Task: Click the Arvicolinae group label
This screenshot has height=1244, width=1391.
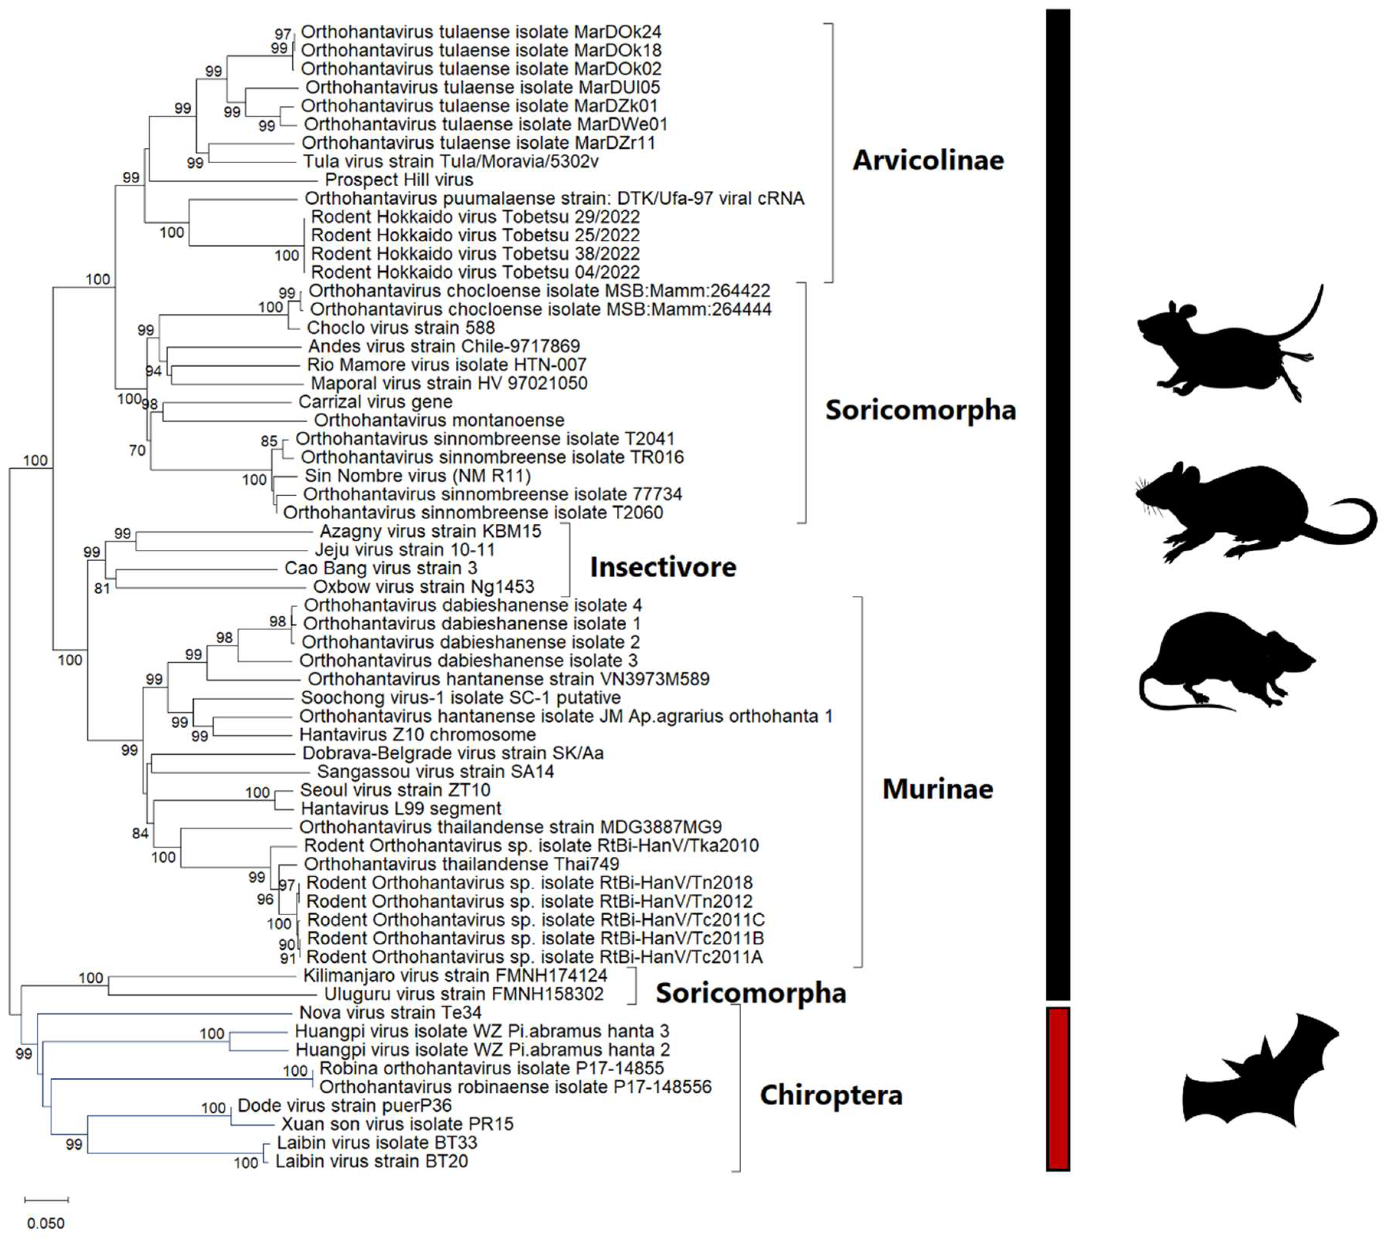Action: (927, 161)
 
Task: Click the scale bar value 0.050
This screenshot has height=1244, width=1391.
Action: (46, 1223)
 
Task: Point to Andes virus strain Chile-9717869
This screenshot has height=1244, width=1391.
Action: (444, 347)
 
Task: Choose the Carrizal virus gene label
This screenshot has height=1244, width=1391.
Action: (375, 402)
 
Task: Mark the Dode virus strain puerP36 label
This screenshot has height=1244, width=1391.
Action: (344, 1105)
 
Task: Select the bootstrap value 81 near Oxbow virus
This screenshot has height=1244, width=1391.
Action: (102, 588)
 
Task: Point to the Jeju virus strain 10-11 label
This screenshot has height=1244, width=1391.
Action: (405, 549)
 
